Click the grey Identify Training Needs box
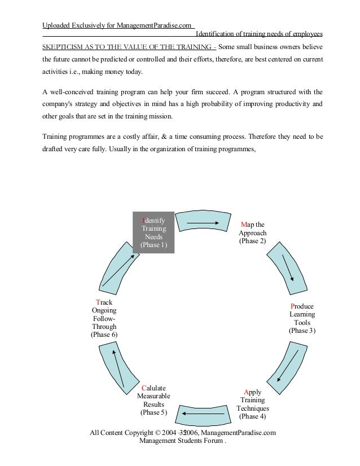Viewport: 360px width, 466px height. click(x=153, y=232)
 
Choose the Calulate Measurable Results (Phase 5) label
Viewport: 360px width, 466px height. click(x=153, y=400)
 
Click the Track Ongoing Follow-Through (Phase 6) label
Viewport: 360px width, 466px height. click(x=104, y=318)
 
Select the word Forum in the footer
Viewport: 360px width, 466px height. click(x=211, y=441)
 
